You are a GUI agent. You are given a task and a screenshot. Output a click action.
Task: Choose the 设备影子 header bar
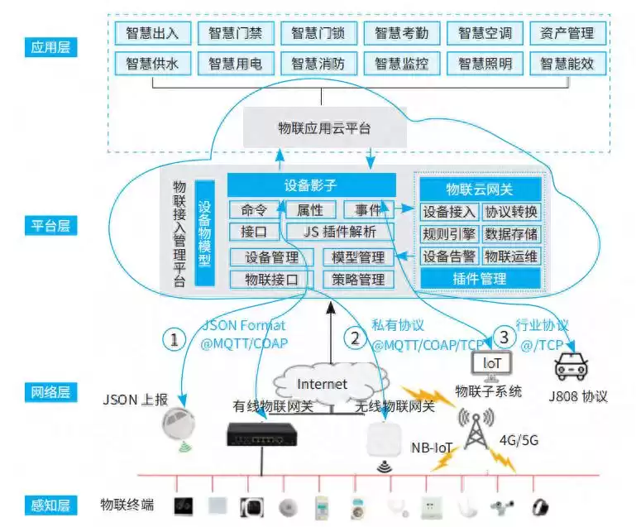coord(311,185)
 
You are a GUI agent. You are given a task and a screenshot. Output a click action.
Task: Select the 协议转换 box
coord(511,211)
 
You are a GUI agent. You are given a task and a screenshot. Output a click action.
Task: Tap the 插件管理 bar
coord(480,279)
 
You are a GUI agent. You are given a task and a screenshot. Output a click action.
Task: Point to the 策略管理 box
coord(358,280)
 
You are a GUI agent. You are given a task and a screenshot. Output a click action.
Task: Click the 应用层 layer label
coord(50,47)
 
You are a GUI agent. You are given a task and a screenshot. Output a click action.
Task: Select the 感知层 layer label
coord(50,505)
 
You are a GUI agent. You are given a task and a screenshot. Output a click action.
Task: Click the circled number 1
coord(174,338)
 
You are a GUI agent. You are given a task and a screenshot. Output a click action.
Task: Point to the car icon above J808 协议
coord(570,366)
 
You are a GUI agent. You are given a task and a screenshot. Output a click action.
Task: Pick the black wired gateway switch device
coord(261,432)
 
